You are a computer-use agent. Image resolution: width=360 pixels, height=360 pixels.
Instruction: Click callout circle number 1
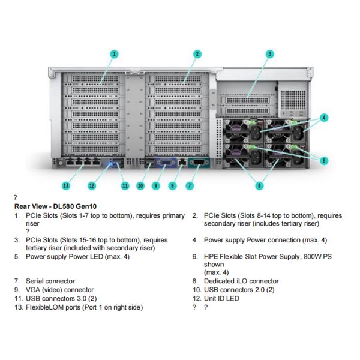click(x=114, y=54)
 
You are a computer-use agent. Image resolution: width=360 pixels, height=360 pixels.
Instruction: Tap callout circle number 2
click(x=196, y=54)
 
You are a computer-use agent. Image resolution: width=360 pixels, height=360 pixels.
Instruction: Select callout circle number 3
click(x=270, y=54)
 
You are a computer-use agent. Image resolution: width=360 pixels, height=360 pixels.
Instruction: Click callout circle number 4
click(x=324, y=118)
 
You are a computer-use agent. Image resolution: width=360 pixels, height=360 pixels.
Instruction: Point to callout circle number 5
click(x=324, y=160)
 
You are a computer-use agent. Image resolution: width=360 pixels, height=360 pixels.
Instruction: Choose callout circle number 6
click(x=259, y=185)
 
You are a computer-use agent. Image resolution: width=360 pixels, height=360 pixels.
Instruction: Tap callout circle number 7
click(x=190, y=185)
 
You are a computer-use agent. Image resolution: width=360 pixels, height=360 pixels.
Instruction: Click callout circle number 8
click(x=173, y=185)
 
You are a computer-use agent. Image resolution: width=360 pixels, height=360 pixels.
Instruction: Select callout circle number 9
click(x=156, y=185)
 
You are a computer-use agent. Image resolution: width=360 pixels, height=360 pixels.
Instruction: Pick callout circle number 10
click(x=140, y=185)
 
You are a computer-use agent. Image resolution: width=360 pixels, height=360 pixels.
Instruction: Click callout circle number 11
click(x=125, y=185)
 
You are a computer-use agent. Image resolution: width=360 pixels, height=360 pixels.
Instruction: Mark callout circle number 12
click(x=92, y=185)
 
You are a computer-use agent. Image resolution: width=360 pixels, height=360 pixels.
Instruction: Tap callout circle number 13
click(x=65, y=185)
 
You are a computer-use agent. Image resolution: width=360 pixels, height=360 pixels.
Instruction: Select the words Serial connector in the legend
click(x=50, y=281)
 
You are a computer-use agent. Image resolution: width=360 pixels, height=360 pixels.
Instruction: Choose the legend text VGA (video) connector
click(x=59, y=290)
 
